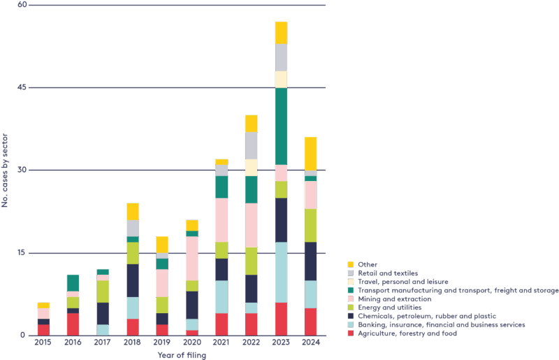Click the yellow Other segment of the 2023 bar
click(281, 33)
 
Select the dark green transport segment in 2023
click(281, 126)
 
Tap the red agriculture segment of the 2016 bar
click(73, 324)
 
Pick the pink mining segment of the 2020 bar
click(191, 259)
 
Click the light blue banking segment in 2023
click(281, 272)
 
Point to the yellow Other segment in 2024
click(310, 153)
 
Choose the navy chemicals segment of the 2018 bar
click(132, 280)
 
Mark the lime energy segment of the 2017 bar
click(103, 291)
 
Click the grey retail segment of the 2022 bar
click(251, 145)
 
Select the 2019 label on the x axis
click(162, 343)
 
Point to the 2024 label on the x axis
click(310, 343)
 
